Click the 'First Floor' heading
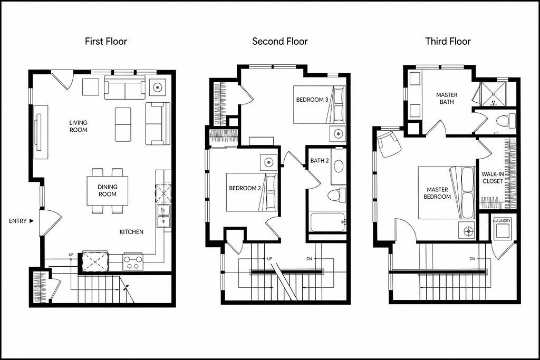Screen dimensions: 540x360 click(x=106, y=42)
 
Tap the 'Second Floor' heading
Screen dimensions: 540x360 click(x=279, y=42)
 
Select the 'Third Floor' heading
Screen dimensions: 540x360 click(x=448, y=42)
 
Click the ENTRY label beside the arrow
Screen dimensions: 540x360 click(x=17, y=221)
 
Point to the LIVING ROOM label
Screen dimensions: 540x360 click(x=78, y=127)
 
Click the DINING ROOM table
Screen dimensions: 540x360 click(x=108, y=191)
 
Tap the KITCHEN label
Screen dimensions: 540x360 click(x=131, y=232)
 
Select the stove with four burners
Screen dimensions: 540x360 click(x=133, y=261)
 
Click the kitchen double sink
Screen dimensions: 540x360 click(x=163, y=216)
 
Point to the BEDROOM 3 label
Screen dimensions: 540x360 click(x=312, y=100)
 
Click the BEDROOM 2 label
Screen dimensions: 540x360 click(x=245, y=188)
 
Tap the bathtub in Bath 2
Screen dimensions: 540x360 click(x=327, y=222)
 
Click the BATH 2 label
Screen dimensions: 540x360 click(x=320, y=161)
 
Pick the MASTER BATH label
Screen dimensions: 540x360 click(x=447, y=99)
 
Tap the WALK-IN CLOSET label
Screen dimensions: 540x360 click(x=493, y=178)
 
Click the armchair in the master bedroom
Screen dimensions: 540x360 click(x=389, y=144)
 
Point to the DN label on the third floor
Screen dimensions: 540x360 click(x=472, y=259)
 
